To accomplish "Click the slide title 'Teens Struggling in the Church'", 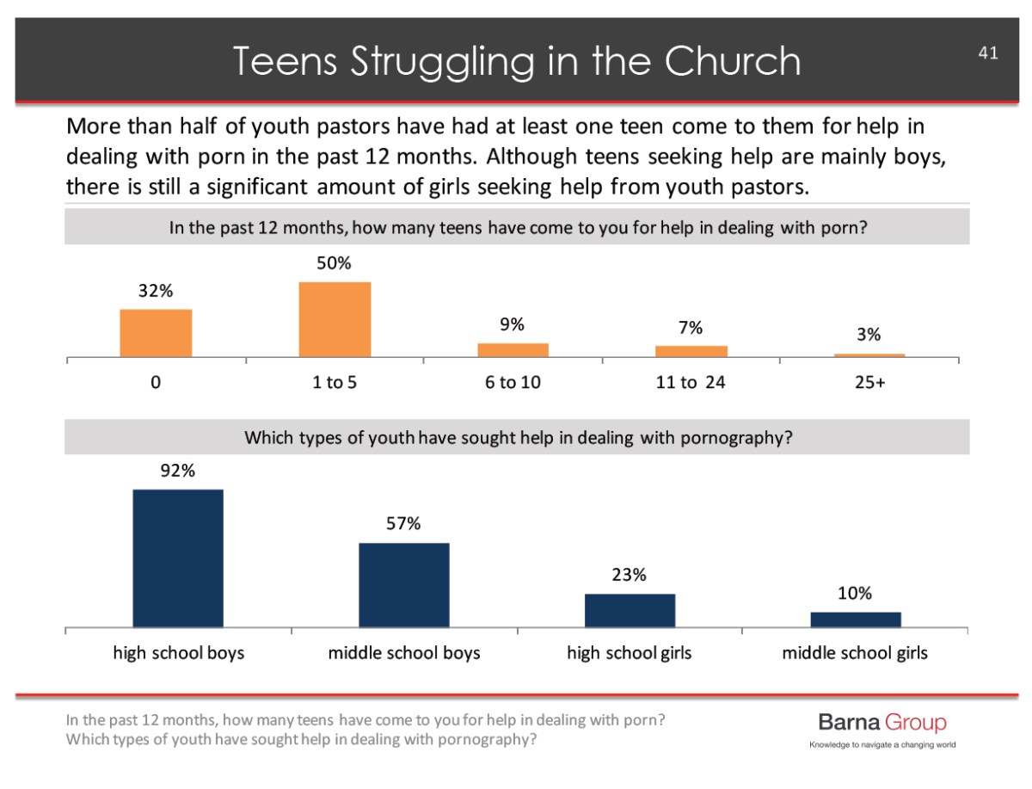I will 516,61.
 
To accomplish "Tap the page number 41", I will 987,53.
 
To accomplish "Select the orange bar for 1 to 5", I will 335,319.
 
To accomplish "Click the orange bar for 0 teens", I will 156,333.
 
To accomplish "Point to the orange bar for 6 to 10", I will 513,349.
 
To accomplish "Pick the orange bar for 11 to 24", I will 691,351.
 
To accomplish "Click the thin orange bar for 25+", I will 869,354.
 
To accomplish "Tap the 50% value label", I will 335,263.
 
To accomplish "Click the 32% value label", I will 156,291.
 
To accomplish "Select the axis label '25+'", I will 869,382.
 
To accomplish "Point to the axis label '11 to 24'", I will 691,382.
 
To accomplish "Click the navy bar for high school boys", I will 178,558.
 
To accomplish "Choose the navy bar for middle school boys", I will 403,584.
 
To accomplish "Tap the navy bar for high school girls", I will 630,610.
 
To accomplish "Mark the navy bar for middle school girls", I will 856,619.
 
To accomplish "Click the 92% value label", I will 177,471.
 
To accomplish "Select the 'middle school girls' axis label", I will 855,653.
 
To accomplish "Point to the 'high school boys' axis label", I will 179,653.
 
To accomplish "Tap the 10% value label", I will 855,593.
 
